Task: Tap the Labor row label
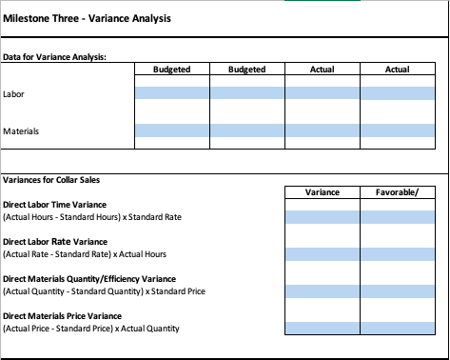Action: pos(13,93)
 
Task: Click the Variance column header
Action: pos(322,192)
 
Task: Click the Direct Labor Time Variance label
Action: pos(54,205)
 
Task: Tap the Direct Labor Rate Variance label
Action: pos(54,242)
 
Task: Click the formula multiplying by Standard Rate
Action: pos(92,217)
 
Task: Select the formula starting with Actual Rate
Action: pos(86,254)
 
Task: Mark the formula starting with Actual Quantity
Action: pos(105,291)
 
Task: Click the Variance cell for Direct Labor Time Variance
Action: pos(323,217)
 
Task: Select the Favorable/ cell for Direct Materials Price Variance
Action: pos(398,329)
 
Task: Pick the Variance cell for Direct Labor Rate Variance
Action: pos(323,254)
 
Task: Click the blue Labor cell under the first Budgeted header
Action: pos(172,93)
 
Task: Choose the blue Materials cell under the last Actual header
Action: pos(398,130)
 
